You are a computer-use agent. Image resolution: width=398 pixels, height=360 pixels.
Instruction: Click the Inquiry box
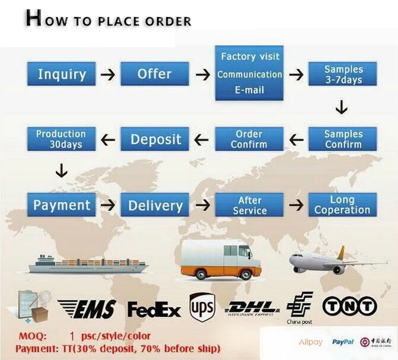62,74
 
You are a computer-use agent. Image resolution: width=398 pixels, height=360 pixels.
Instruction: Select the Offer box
154,74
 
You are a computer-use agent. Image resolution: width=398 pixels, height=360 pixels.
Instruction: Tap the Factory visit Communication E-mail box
249,73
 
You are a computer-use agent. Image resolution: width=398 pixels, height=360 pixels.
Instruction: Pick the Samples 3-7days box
343,74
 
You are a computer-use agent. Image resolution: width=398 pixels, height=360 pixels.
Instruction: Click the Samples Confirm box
343,139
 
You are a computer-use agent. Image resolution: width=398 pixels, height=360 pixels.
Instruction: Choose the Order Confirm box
249,139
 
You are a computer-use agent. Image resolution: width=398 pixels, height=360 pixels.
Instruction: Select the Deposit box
154,139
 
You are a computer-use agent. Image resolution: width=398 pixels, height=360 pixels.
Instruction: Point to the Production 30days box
62,139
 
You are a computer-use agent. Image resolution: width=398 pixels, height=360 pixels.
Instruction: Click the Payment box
62,205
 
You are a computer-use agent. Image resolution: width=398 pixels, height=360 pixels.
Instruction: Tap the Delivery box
154,205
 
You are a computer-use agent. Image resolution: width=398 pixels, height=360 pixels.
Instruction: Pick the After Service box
249,205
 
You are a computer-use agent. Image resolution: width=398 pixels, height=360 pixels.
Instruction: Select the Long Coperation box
343,205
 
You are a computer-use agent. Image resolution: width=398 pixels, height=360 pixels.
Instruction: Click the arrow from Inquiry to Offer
108,74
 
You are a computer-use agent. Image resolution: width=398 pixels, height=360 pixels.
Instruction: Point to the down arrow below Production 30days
62,171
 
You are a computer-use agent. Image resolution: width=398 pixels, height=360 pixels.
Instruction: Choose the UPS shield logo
202,307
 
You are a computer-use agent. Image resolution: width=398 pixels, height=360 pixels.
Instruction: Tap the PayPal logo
343,342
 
